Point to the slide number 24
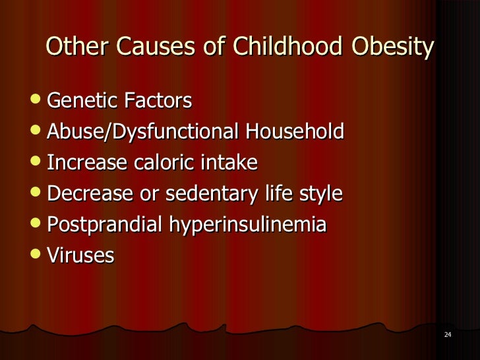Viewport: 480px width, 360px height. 448,336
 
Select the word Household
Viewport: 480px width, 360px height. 295,132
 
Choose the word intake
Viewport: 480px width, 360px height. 230,162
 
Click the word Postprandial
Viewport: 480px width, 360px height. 105,225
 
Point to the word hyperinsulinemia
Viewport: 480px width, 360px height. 248,225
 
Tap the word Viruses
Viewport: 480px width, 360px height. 80,255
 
